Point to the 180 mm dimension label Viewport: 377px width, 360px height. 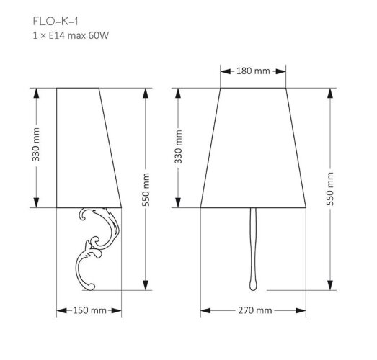point(253,71)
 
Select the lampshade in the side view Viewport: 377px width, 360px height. point(87,148)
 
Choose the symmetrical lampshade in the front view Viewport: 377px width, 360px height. point(254,148)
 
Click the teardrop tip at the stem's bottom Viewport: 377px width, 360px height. point(254,283)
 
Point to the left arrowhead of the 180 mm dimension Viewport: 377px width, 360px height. point(222,71)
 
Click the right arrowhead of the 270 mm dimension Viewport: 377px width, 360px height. point(308,310)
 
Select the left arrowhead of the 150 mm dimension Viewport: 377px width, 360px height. point(59,310)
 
